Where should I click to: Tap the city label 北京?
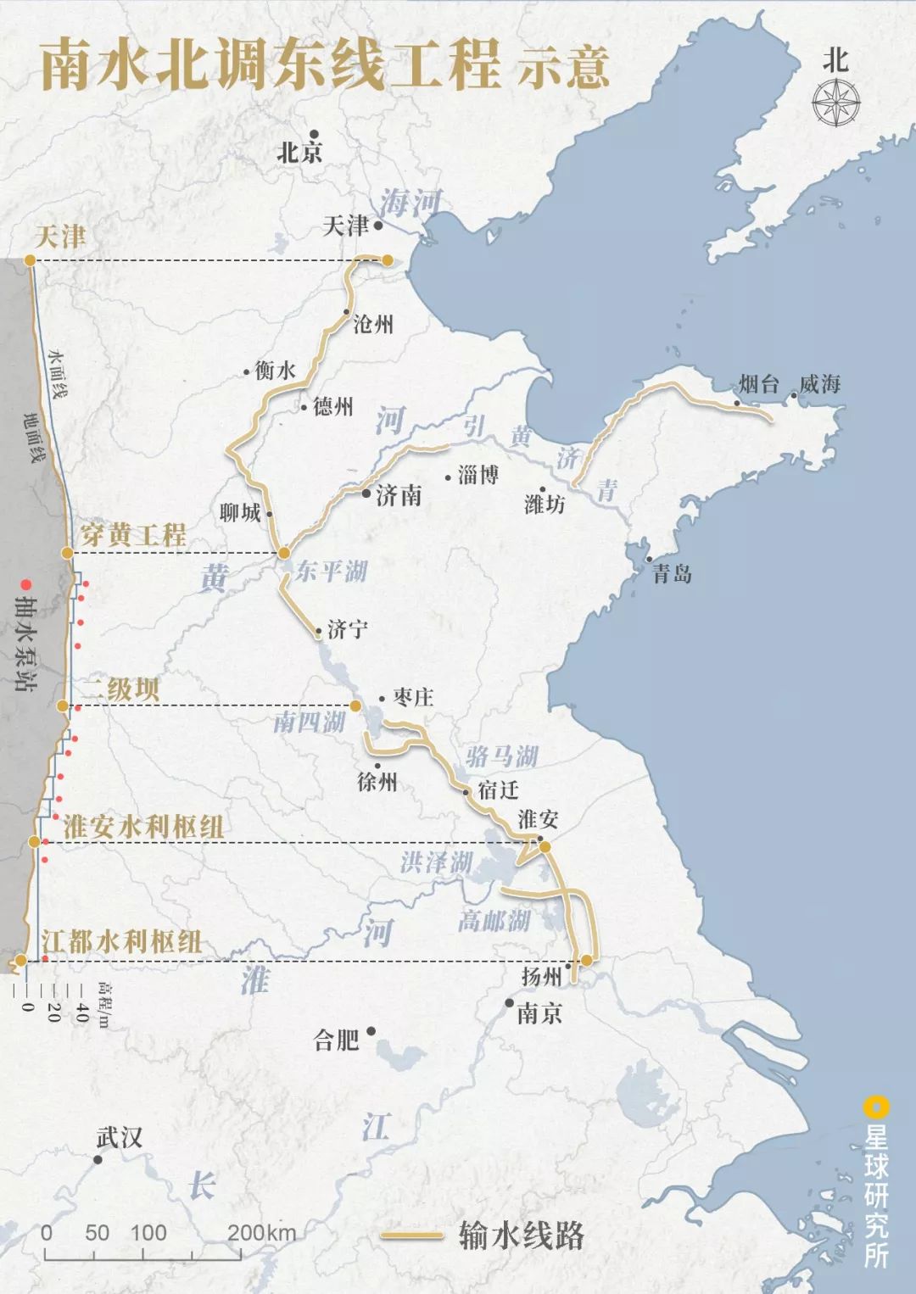300,153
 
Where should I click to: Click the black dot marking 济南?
366,493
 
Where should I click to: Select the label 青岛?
672,575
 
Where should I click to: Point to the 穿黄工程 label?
133,535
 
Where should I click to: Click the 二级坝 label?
120,689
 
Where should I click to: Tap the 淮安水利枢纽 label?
143,827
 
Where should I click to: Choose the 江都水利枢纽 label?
121,941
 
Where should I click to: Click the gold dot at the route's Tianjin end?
388,260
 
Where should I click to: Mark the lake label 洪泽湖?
437,863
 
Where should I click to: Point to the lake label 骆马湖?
502,756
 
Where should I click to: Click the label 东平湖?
332,572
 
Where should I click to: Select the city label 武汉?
119,1138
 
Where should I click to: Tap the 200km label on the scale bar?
261,1233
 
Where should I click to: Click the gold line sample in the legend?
412,1235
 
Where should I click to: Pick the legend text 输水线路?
522,1235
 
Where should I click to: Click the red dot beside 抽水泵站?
26,584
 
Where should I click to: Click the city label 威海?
819,385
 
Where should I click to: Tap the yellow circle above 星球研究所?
875,1107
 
